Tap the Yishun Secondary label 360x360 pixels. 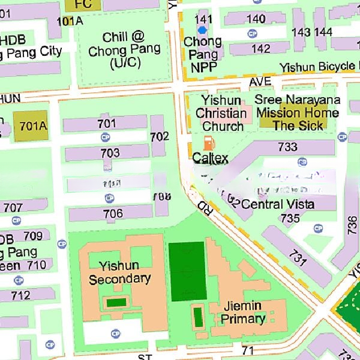click(119, 272)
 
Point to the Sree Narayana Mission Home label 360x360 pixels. click(298, 112)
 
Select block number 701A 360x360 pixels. click(32, 126)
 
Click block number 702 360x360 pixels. click(160, 137)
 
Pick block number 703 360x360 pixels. click(110, 153)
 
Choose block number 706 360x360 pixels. click(113, 214)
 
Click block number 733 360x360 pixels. click(287, 146)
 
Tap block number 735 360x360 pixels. click(290, 218)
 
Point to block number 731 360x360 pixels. click(298, 259)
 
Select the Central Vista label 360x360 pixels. click(277, 204)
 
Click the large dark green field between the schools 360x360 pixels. click(187, 271)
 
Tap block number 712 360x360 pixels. click(20, 295)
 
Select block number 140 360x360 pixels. click(256, 19)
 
